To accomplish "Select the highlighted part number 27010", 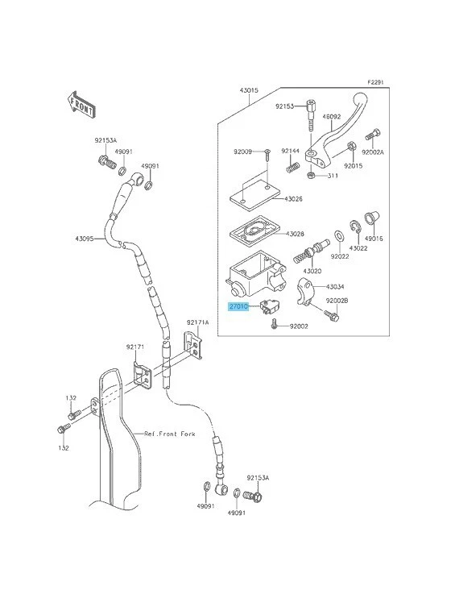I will [239, 307].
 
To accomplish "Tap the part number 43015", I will [248, 91].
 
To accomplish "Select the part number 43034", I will [335, 285].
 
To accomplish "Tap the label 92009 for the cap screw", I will [243, 152].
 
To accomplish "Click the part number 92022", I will [339, 256].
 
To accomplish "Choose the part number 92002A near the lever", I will [373, 151].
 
